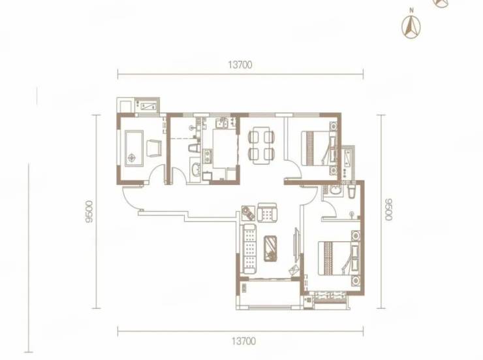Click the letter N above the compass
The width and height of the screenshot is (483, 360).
click(x=412, y=10)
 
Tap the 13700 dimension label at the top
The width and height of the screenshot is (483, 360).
click(x=240, y=65)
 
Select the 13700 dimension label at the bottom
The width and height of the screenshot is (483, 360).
click(x=243, y=341)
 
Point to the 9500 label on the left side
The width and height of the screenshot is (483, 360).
click(x=89, y=212)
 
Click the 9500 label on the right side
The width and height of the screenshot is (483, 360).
click(x=389, y=209)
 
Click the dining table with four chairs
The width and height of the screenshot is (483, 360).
click(x=261, y=145)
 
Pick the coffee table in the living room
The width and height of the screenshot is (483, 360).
click(x=270, y=248)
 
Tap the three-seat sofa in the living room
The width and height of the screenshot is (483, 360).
click(x=249, y=249)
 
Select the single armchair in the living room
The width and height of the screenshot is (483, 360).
click(x=267, y=212)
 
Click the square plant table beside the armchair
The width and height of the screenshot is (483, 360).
click(x=248, y=213)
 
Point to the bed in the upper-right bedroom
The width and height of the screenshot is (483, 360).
click(x=319, y=148)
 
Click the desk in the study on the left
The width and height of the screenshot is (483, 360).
click(x=134, y=148)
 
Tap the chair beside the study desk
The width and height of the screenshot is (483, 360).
click(x=154, y=148)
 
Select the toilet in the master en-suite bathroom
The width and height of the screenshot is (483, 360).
click(x=351, y=191)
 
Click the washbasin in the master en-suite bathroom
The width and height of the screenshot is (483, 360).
click(x=334, y=190)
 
